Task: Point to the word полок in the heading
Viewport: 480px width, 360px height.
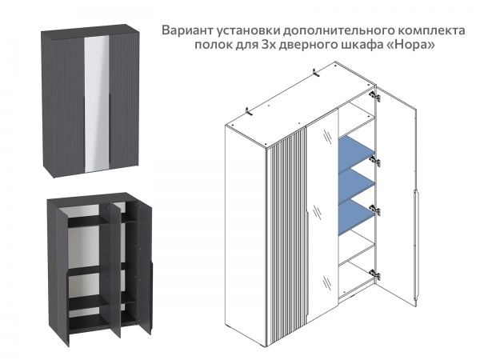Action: click(210, 46)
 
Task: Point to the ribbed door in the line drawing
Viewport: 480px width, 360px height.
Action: click(290, 232)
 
